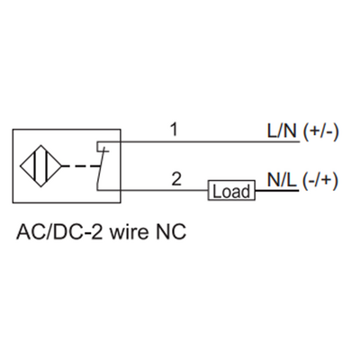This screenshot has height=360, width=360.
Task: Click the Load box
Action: tap(232, 191)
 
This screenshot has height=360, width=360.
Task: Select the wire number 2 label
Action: tap(177, 179)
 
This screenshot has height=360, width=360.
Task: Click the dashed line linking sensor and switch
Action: tap(81, 166)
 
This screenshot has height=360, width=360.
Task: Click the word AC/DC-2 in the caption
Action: tap(56, 235)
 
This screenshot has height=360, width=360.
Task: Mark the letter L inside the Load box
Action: tap(217, 191)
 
